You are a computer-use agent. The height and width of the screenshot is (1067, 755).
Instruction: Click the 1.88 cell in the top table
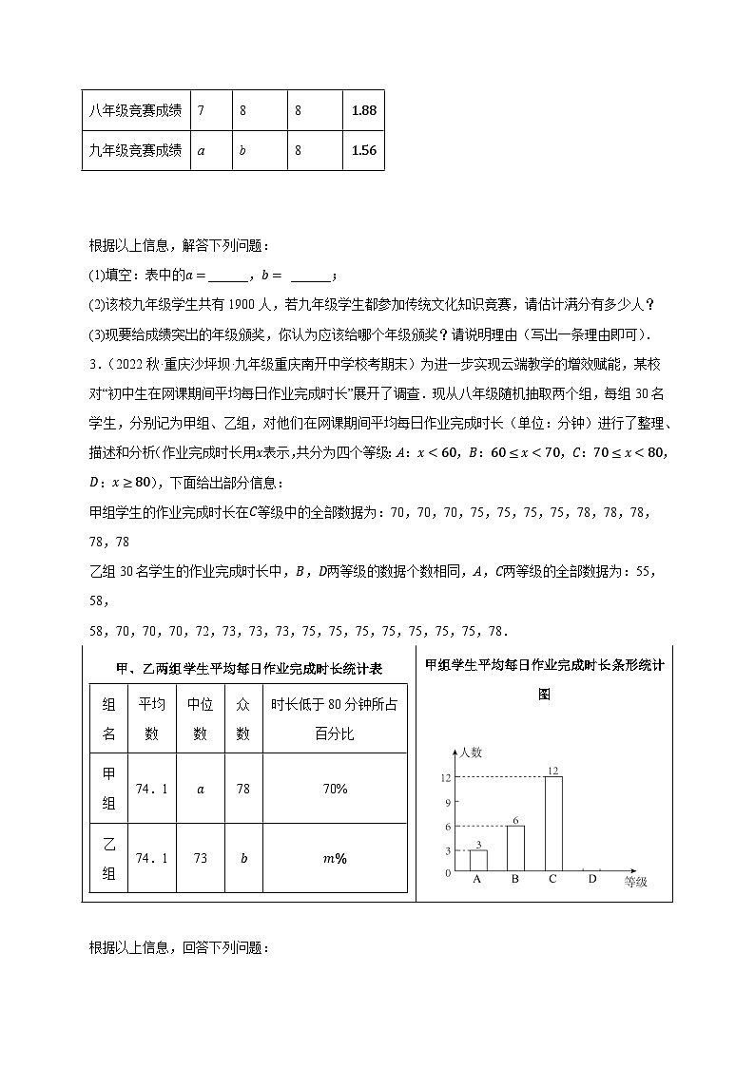point(363,110)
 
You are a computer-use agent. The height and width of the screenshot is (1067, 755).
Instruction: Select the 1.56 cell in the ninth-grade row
point(363,150)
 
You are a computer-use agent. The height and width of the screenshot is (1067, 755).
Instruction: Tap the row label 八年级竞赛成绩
point(135,110)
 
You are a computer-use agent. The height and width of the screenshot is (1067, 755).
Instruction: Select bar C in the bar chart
point(552,824)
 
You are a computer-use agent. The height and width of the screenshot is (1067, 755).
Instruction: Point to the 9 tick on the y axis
point(447,801)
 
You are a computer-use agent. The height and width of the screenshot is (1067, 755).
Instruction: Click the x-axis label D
point(591,880)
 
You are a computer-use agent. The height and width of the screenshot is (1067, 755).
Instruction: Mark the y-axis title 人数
point(471,753)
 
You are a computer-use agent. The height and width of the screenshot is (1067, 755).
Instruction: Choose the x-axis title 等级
point(635,882)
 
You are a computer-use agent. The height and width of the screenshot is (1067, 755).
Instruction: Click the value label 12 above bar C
point(552,770)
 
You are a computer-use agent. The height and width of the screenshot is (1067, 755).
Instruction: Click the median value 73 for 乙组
point(200,858)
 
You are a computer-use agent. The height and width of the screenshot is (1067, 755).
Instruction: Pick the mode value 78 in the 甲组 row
point(242,789)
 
